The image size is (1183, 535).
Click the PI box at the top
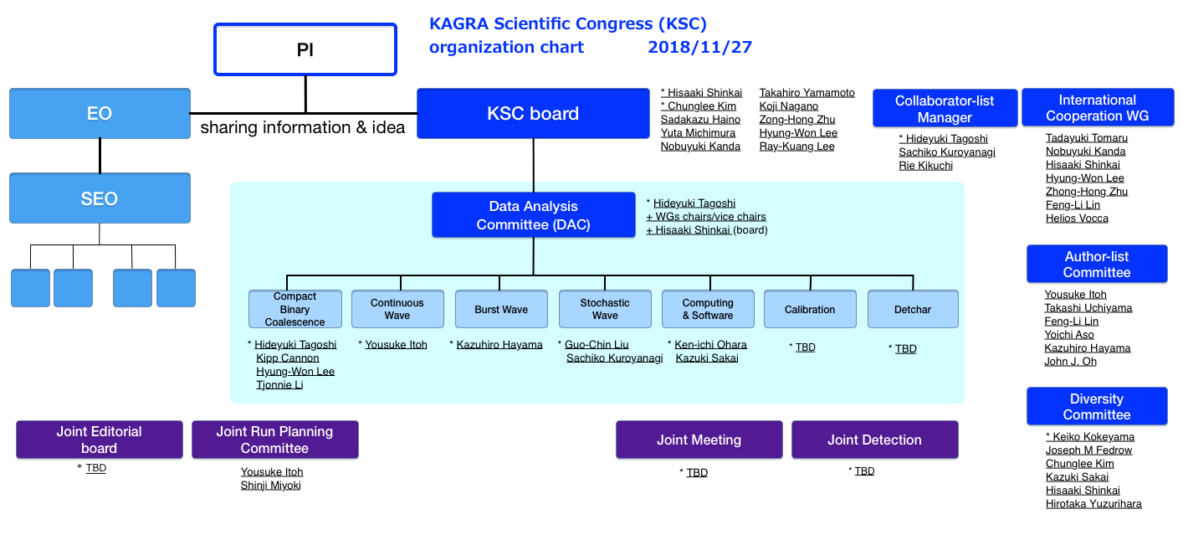coord(305,49)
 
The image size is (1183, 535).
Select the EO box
coord(100,113)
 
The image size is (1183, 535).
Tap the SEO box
coord(100,198)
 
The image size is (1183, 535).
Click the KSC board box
coord(533,113)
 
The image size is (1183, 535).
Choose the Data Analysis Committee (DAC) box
coord(534,214)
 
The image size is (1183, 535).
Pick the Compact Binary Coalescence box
coord(294,309)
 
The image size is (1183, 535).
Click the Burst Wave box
coord(501,309)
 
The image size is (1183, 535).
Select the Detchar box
coord(913,309)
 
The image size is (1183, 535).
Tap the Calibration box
coord(810,309)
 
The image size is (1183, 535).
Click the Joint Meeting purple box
coord(699,440)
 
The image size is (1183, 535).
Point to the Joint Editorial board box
coord(100,440)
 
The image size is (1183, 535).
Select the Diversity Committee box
coord(1097,406)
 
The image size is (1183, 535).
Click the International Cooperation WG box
coord(1098,107)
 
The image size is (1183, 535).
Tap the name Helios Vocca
coord(1077,219)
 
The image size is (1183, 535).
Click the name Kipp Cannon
coord(287,358)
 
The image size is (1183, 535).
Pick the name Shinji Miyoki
coord(270,486)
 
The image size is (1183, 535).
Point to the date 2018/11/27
coord(699,47)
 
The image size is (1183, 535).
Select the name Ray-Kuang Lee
coord(797,147)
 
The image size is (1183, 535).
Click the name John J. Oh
coord(1071,362)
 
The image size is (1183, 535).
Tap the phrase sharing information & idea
coord(303,127)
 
